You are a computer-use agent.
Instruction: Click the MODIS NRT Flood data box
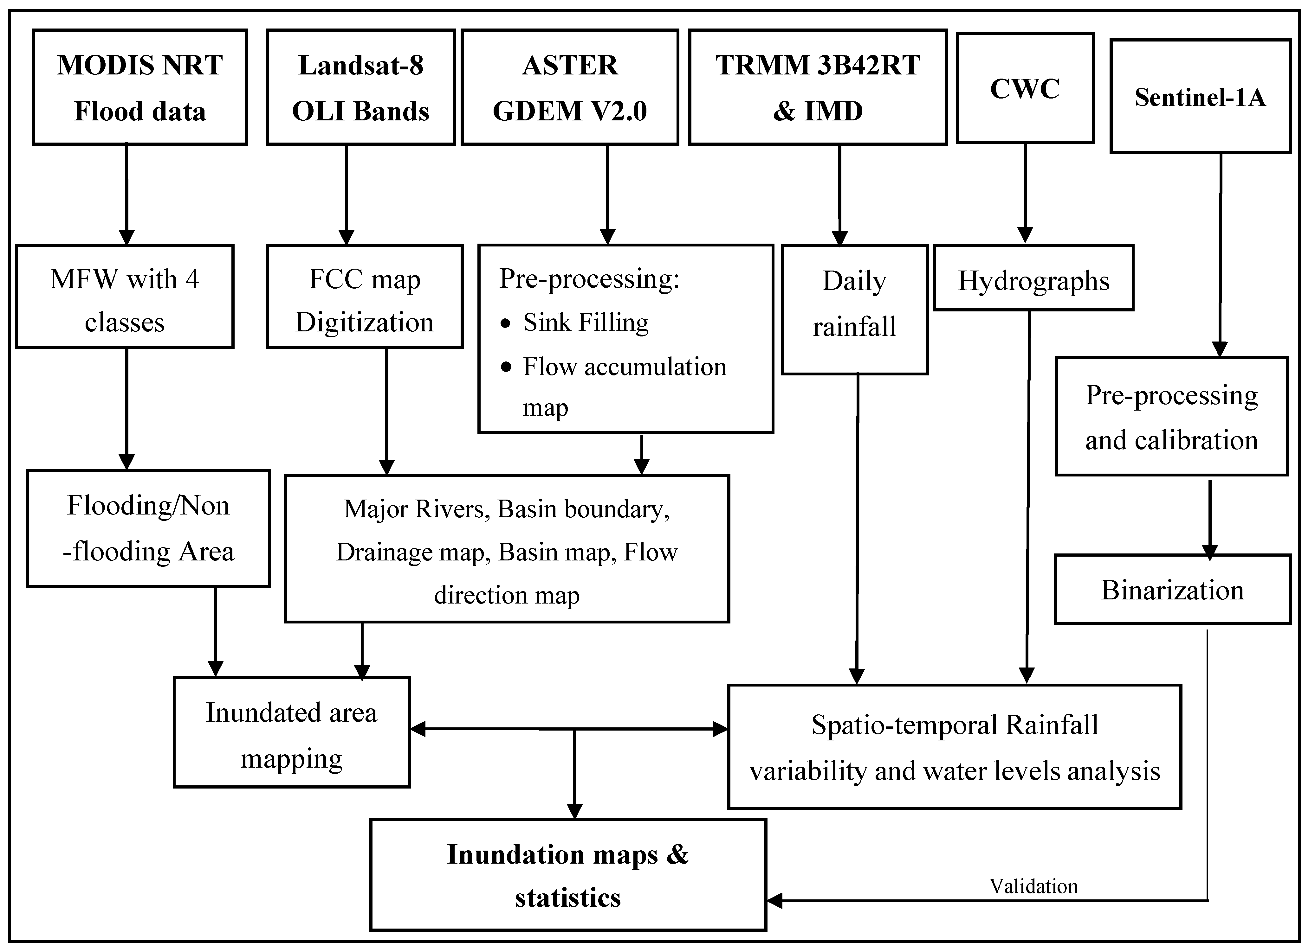point(140,87)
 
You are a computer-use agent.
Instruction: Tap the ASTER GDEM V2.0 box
point(570,87)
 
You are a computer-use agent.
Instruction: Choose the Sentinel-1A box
point(1200,96)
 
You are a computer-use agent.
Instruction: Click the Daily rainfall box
point(855,310)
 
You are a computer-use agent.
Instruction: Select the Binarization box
point(1172,589)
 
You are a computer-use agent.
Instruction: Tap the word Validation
point(1033,886)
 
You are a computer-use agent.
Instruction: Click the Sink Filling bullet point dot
point(506,323)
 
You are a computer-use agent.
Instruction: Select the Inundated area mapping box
point(292,732)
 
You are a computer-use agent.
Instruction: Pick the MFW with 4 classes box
point(125,297)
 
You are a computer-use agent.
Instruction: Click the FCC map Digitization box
point(365,297)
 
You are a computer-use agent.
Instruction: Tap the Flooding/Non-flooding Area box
point(148,528)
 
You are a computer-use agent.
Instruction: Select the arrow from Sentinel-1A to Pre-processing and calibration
point(1221,255)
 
